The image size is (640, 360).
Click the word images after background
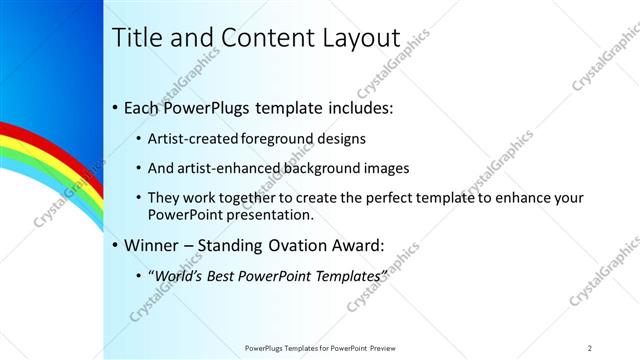[x=386, y=168]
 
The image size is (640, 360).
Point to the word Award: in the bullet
[x=351, y=244]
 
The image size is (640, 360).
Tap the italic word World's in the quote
[x=180, y=275]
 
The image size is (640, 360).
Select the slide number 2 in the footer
[x=590, y=347]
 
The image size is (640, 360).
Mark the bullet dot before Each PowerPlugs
[x=115, y=106]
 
